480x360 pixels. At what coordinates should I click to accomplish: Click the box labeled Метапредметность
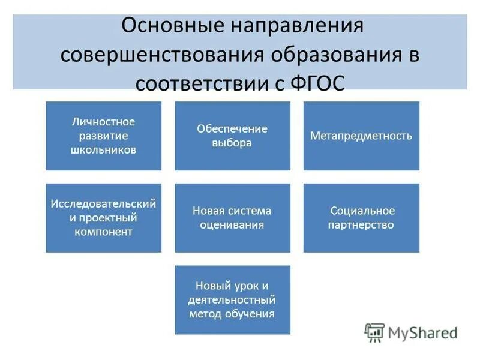tap(361, 136)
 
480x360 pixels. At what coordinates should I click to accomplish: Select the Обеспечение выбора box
tap(232, 136)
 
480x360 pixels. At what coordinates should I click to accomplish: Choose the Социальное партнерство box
tap(361, 218)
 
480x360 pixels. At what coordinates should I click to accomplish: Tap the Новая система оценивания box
tap(232, 218)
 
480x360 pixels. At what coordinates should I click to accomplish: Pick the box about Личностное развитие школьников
tap(103, 136)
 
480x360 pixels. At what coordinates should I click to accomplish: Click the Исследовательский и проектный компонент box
tap(103, 218)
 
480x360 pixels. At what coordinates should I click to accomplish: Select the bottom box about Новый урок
tap(232, 299)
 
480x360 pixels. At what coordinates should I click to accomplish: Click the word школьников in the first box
tap(103, 149)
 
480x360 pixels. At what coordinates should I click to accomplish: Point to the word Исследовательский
tap(103, 204)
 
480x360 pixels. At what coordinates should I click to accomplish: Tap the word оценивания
tap(232, 225)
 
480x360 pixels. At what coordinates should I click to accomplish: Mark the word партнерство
tap(362, 225)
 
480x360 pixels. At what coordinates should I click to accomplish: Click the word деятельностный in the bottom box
tap(232, 299)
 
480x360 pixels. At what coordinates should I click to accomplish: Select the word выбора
tap(232, 143)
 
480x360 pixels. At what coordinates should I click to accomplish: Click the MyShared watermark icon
tap(374, 332)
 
